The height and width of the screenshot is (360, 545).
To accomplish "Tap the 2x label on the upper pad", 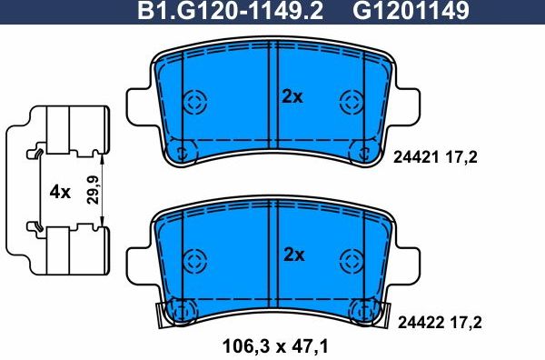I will [x=291, y=96].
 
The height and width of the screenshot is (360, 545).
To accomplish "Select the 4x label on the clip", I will [x=60, y=192].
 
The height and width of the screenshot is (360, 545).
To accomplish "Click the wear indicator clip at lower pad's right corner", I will [x=381, y=314].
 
